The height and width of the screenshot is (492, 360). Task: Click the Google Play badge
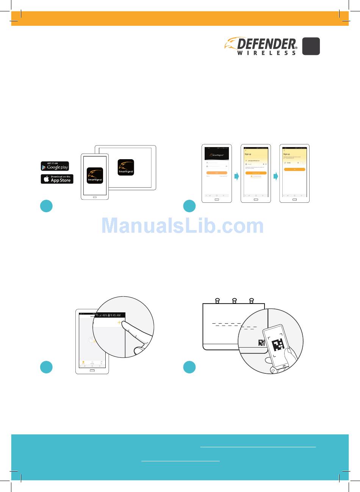tap(55, 166)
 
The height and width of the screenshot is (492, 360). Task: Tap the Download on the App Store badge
tap(57, 179)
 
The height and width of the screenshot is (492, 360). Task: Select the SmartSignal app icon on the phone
tap(95, 175)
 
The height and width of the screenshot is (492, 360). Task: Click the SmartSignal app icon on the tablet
tap(126, 167)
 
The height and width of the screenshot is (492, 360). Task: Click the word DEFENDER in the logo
tap(266, 44)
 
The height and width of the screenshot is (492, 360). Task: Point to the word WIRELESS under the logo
tap(266, 53)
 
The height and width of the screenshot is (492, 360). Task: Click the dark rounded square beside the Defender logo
tap(311, 46)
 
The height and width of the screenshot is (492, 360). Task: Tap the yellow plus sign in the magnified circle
tap(120, 322)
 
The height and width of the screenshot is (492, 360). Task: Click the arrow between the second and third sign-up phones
tap(275, 176)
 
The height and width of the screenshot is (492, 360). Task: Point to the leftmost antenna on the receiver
tap(218, 301)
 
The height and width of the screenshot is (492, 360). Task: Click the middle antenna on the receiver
tap(235, 301)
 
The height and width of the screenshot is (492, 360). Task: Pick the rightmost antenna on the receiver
tap(251, 301)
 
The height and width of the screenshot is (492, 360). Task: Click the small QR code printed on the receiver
tap(261, 343)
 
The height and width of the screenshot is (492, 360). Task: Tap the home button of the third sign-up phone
tap(294, 199)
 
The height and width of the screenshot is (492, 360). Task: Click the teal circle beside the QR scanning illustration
tap(189, 367)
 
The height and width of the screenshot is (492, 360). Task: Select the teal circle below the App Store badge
tap(46, 206)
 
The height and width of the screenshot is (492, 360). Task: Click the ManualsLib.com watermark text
tap(183, 226)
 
